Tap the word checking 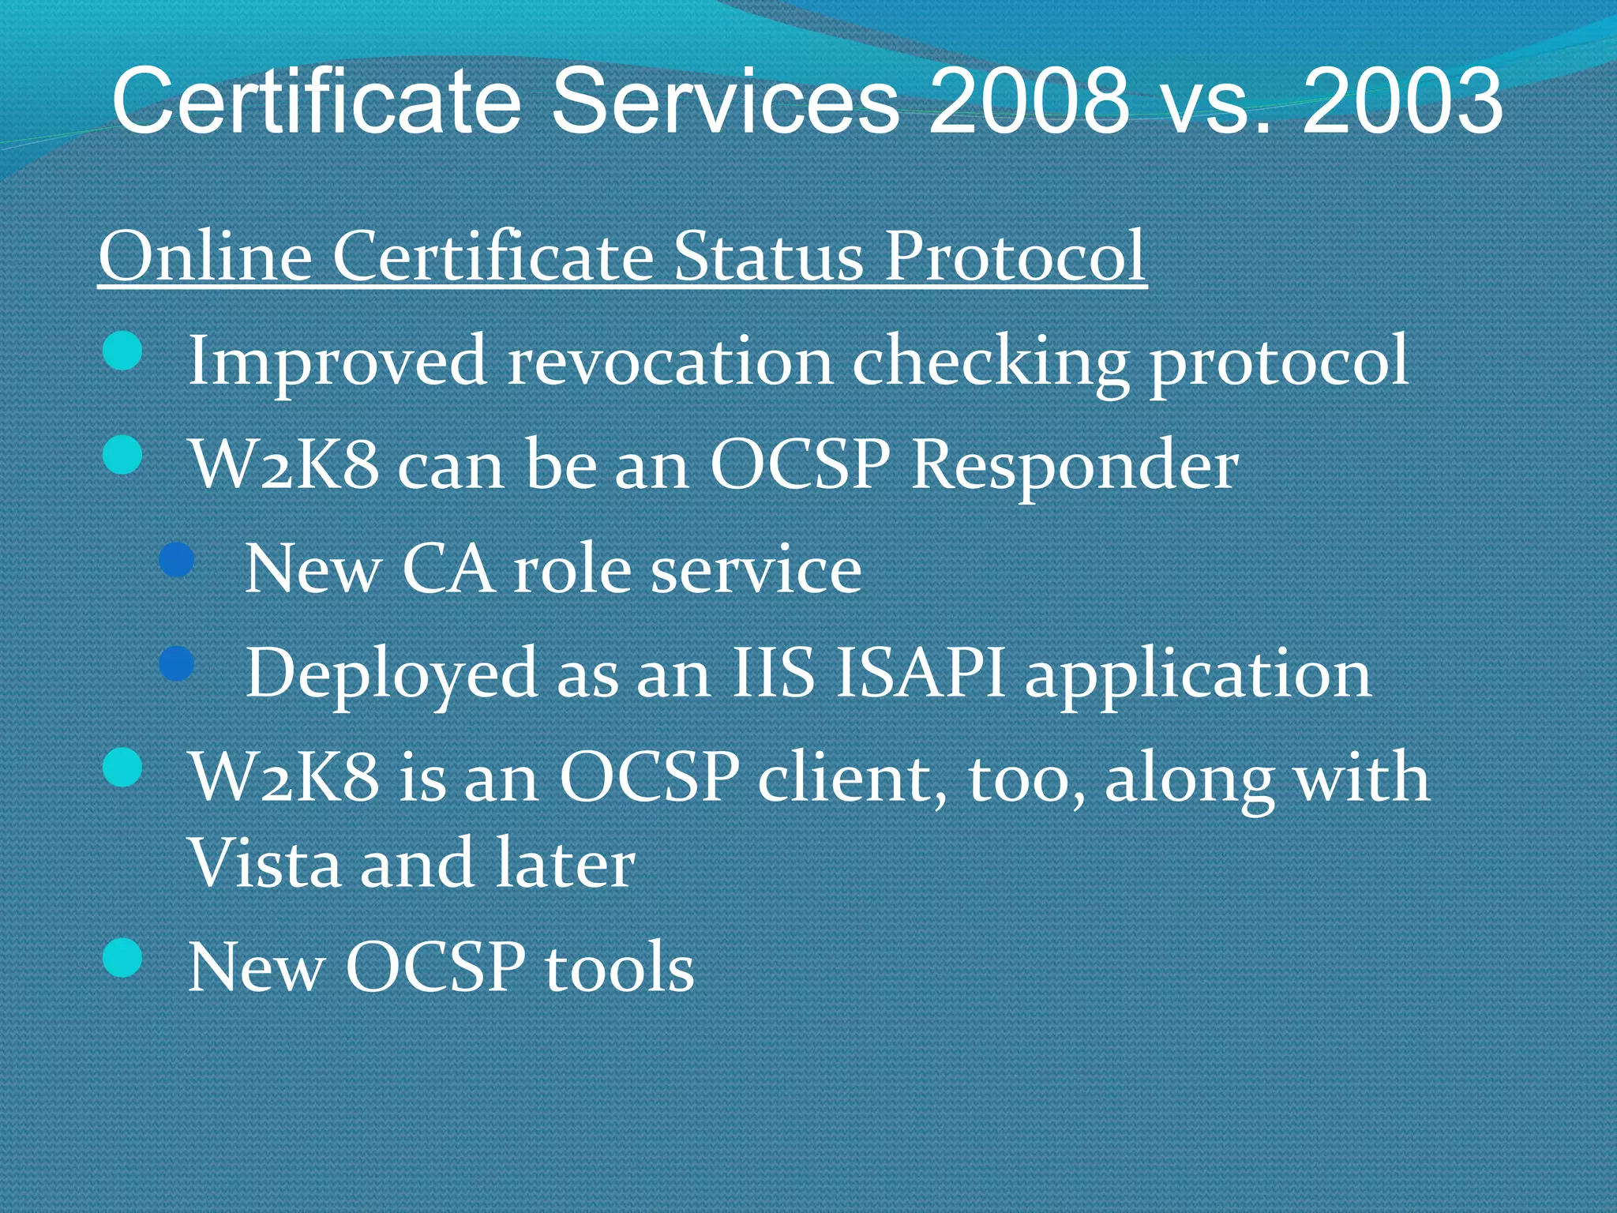pyautogui.click(x=990, y=362)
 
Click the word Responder pyautogui.click(x=1075, y=466)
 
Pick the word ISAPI pyautogui.click(x=920, y=674)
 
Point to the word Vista pyautogui.click(x=264, y=862)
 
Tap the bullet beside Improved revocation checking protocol pyautogui.click(x=122, y=351)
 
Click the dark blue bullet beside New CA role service pyautogui.click(x=177, y=560)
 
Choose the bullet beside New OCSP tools pyautogui.click(x=122, y=957)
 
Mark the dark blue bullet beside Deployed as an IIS pyautogui.click(x=177, y=663)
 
